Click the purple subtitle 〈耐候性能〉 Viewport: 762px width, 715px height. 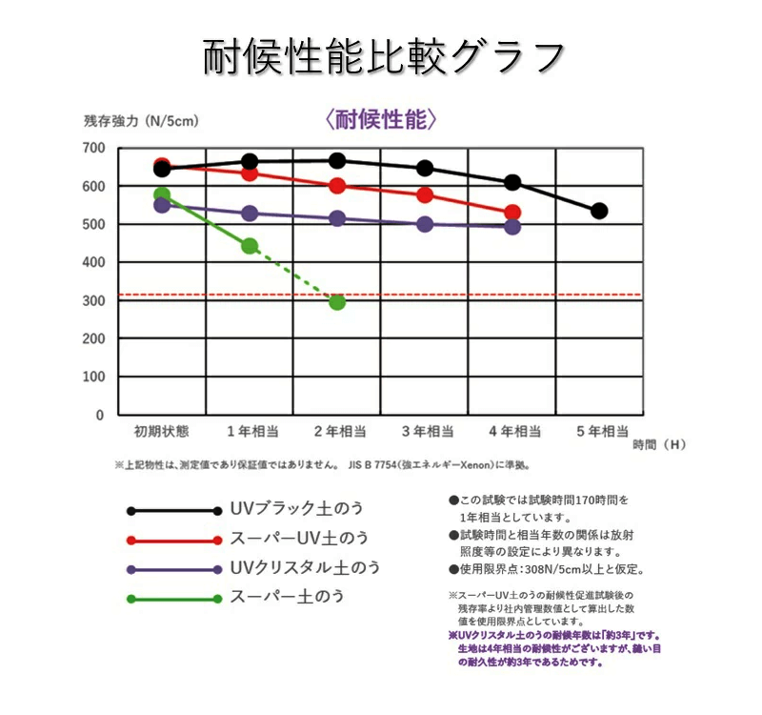(381, 119)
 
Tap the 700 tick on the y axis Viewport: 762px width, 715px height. (92, 148)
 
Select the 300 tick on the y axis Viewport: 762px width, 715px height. (92, 300)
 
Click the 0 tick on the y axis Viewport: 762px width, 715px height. (98, 415)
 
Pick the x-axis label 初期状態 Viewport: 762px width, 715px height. (161, 431)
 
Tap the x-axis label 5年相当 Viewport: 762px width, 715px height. (602, 431)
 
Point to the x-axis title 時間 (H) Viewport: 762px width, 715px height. (658, 444)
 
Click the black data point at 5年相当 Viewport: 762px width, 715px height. (599, 211)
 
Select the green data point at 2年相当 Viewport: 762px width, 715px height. (336, 301)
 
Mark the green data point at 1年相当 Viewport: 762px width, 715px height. (250, 246)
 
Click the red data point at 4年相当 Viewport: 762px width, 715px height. (512, 213)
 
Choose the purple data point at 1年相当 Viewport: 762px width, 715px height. (250, 214)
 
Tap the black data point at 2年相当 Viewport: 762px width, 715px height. (336, 160)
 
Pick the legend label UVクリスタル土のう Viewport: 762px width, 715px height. (305, 567)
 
